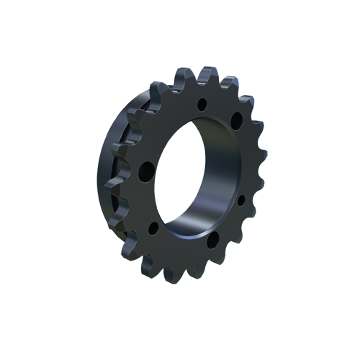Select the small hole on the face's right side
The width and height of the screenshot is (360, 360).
240,198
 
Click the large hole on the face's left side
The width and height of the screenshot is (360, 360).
146,171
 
